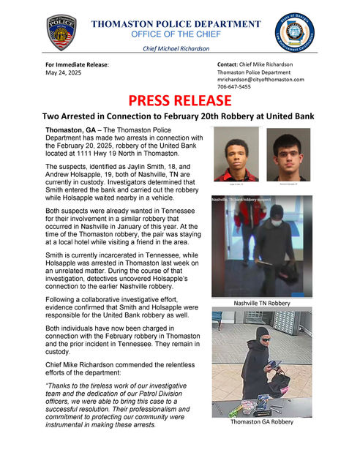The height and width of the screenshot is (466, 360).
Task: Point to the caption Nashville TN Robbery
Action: (261, 302)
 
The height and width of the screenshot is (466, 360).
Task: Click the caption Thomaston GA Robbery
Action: (261, 422)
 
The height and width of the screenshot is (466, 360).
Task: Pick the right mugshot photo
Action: (288, 154)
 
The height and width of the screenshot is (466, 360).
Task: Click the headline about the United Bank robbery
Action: (180, 116)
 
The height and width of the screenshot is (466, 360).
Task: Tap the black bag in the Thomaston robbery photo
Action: (279, 382)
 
